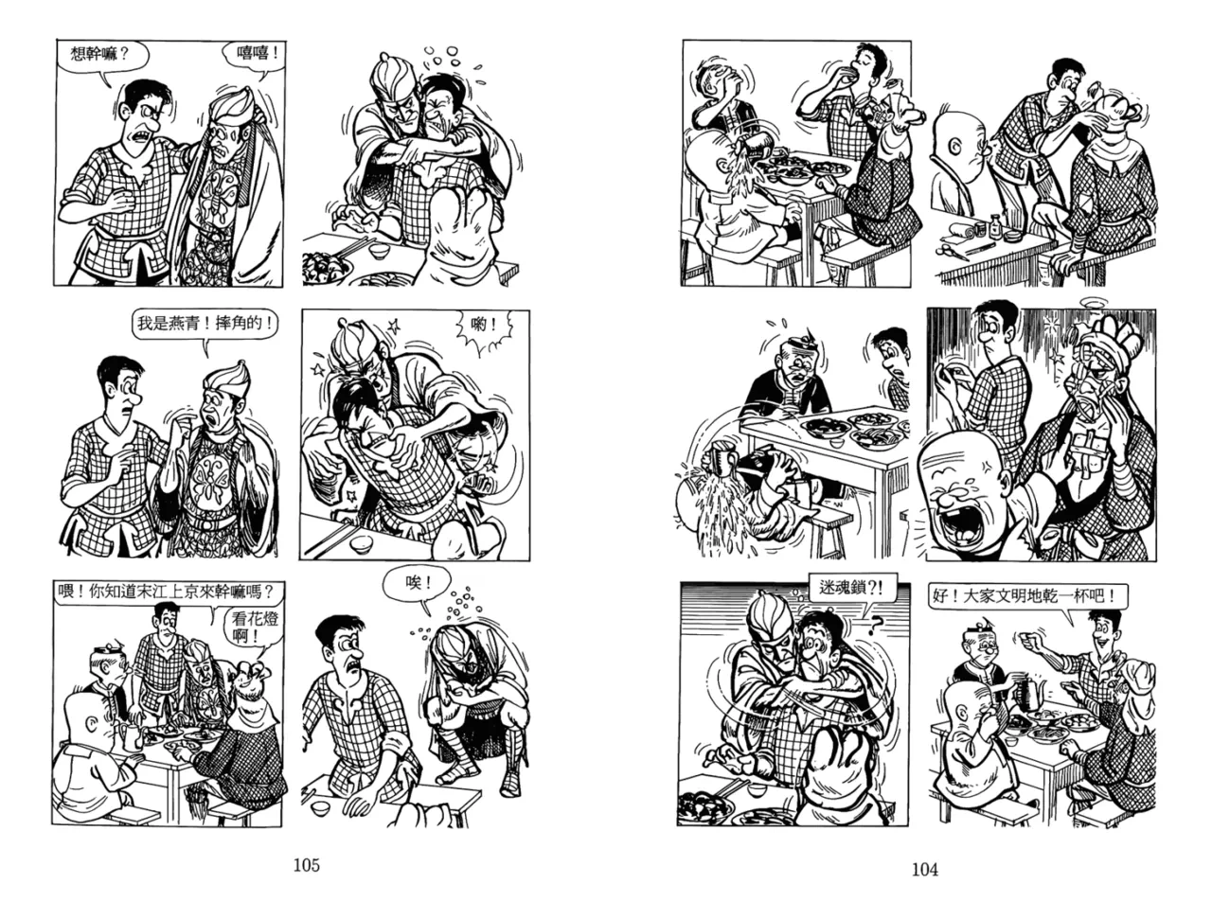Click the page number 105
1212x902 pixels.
click(x=306, y=865)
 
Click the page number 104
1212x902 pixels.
click(x=924, y=869)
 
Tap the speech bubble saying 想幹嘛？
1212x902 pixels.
click(x=102, y=56)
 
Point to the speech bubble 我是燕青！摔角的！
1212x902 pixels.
click(x=205, y=325)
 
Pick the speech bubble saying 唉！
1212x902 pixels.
click(x=418, y=584)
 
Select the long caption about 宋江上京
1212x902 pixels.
click(x=169, y=592)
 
